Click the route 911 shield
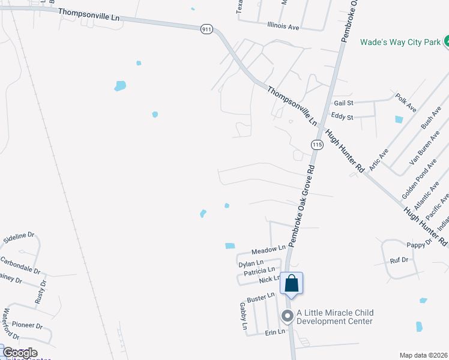click(x=206, y=29)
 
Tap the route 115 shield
click(x=318, y=145)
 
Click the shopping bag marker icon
click(x=291, y=283)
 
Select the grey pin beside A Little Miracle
click(x=288, y=316)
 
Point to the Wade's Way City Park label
click(x=400, y=42)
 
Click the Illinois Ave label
click(x=283, y=26)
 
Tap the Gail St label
click(x=343, y=103)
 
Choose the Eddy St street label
click(x=342, y=117)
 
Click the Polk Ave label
click(x=406, y=102)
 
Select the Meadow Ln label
click(x=268, y=248)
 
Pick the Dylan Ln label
click(x=251, y=263)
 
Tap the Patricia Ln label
click(x=259, y=272)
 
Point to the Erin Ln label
click(x=274, y=332)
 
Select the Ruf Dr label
click(x=399, y=260)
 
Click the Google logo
click(x=19, y=352)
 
